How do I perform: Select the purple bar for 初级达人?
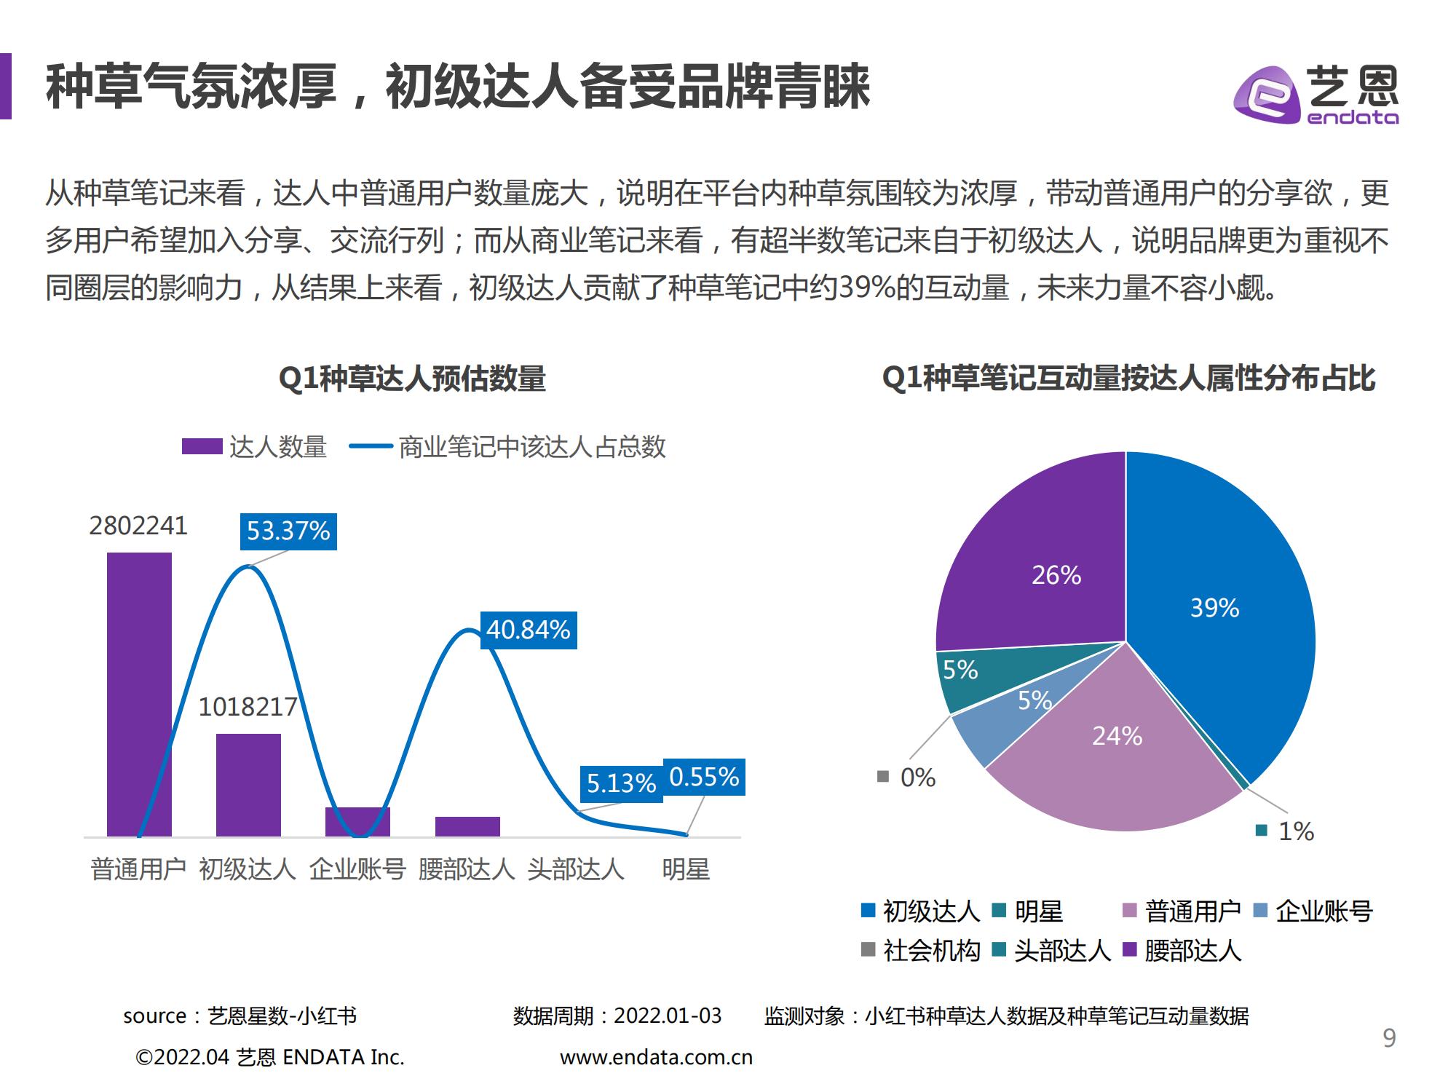(x=248, y=785)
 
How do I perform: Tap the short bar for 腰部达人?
(x=467, y=826)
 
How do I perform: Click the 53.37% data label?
(x=288, y=531)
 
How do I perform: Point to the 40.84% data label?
(x=529, y=630)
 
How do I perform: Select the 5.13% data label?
(x=621, y=783)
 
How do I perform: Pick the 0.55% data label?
(x=704, y=777)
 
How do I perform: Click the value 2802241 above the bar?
(x=138, y=526)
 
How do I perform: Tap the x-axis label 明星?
(x=686, y=869)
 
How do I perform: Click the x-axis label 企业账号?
(x=357, y=869)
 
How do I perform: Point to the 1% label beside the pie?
(x=1296, y=831)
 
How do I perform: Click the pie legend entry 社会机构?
(x=922, y=951)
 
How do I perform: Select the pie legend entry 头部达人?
(x=1053, y=951)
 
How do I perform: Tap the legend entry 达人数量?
(x=255, y=446)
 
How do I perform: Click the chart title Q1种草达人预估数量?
(x=412, y=379)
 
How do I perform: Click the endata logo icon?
(x=1266, y=95)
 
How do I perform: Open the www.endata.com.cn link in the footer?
(x=656, y=1057)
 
